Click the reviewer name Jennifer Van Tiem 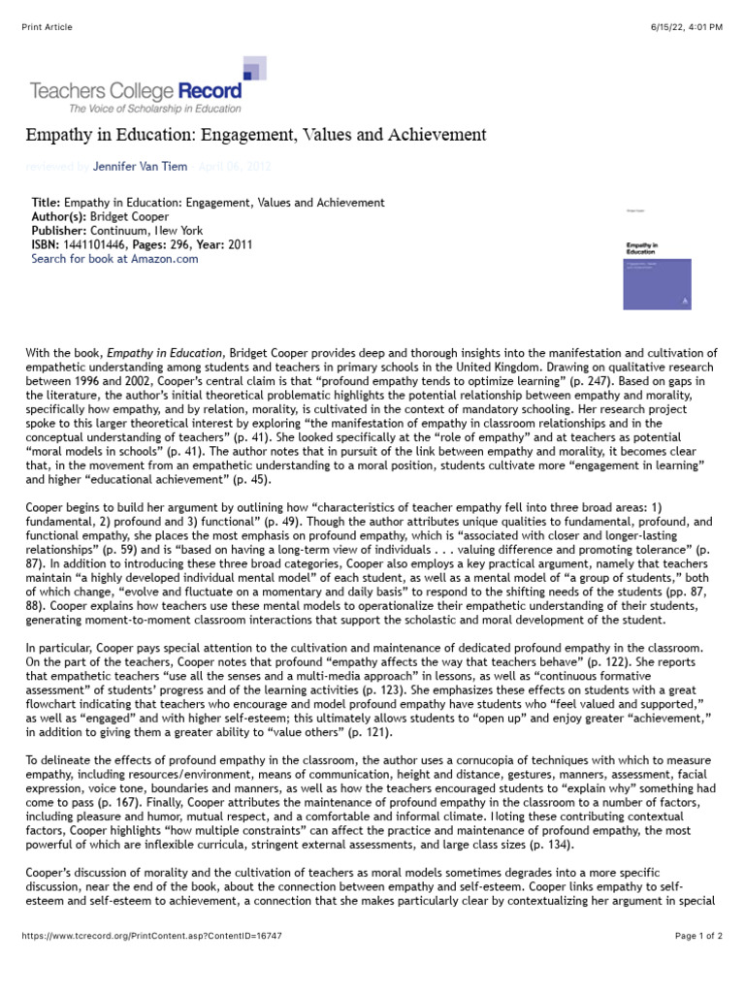point(140,167)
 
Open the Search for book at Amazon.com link point(114,259)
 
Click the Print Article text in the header point(48,26)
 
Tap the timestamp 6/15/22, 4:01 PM point(686,26)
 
